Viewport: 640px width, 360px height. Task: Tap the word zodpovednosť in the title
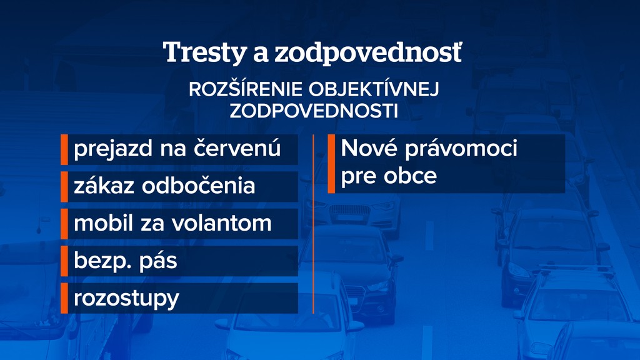[367, 52]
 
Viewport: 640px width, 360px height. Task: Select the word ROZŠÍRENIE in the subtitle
[246, 89]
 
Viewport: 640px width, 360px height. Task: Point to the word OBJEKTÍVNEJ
[374, 89]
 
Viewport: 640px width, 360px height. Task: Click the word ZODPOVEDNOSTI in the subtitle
[314, 111]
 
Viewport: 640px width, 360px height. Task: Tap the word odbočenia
[198, 185]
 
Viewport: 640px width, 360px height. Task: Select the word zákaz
[104, 185]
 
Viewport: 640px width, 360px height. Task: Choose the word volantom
[221, 223]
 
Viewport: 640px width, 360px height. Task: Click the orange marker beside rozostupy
[64, 298]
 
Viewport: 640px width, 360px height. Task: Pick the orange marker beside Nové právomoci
[331, 164]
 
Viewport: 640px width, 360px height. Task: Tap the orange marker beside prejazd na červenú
[64, 149]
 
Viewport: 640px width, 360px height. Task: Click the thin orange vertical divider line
[313, 224]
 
